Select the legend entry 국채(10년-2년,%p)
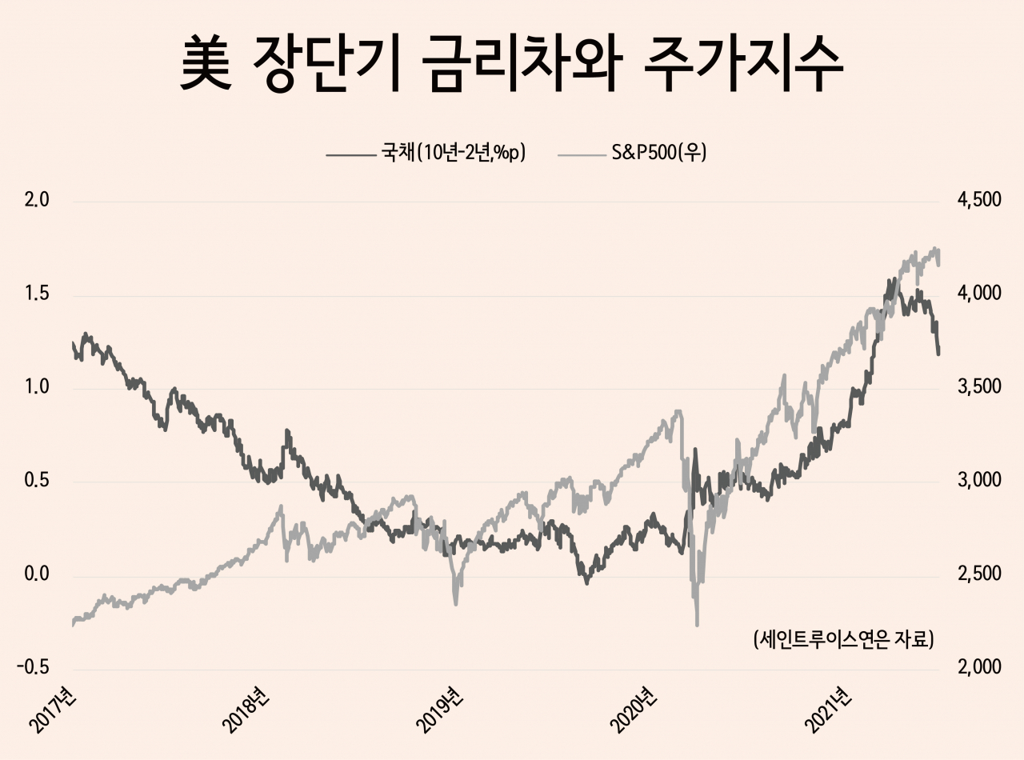(426, 153)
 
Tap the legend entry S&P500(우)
(632, 153)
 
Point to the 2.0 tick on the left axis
(37, 200)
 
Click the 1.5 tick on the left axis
(37, 294)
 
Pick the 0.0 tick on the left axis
(37, 574)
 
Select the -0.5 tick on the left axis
(33, 667)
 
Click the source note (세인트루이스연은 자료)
(843, 640)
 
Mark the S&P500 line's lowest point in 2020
(697, 626)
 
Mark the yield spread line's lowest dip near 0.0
(586, 583)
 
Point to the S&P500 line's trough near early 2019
(456, 604)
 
